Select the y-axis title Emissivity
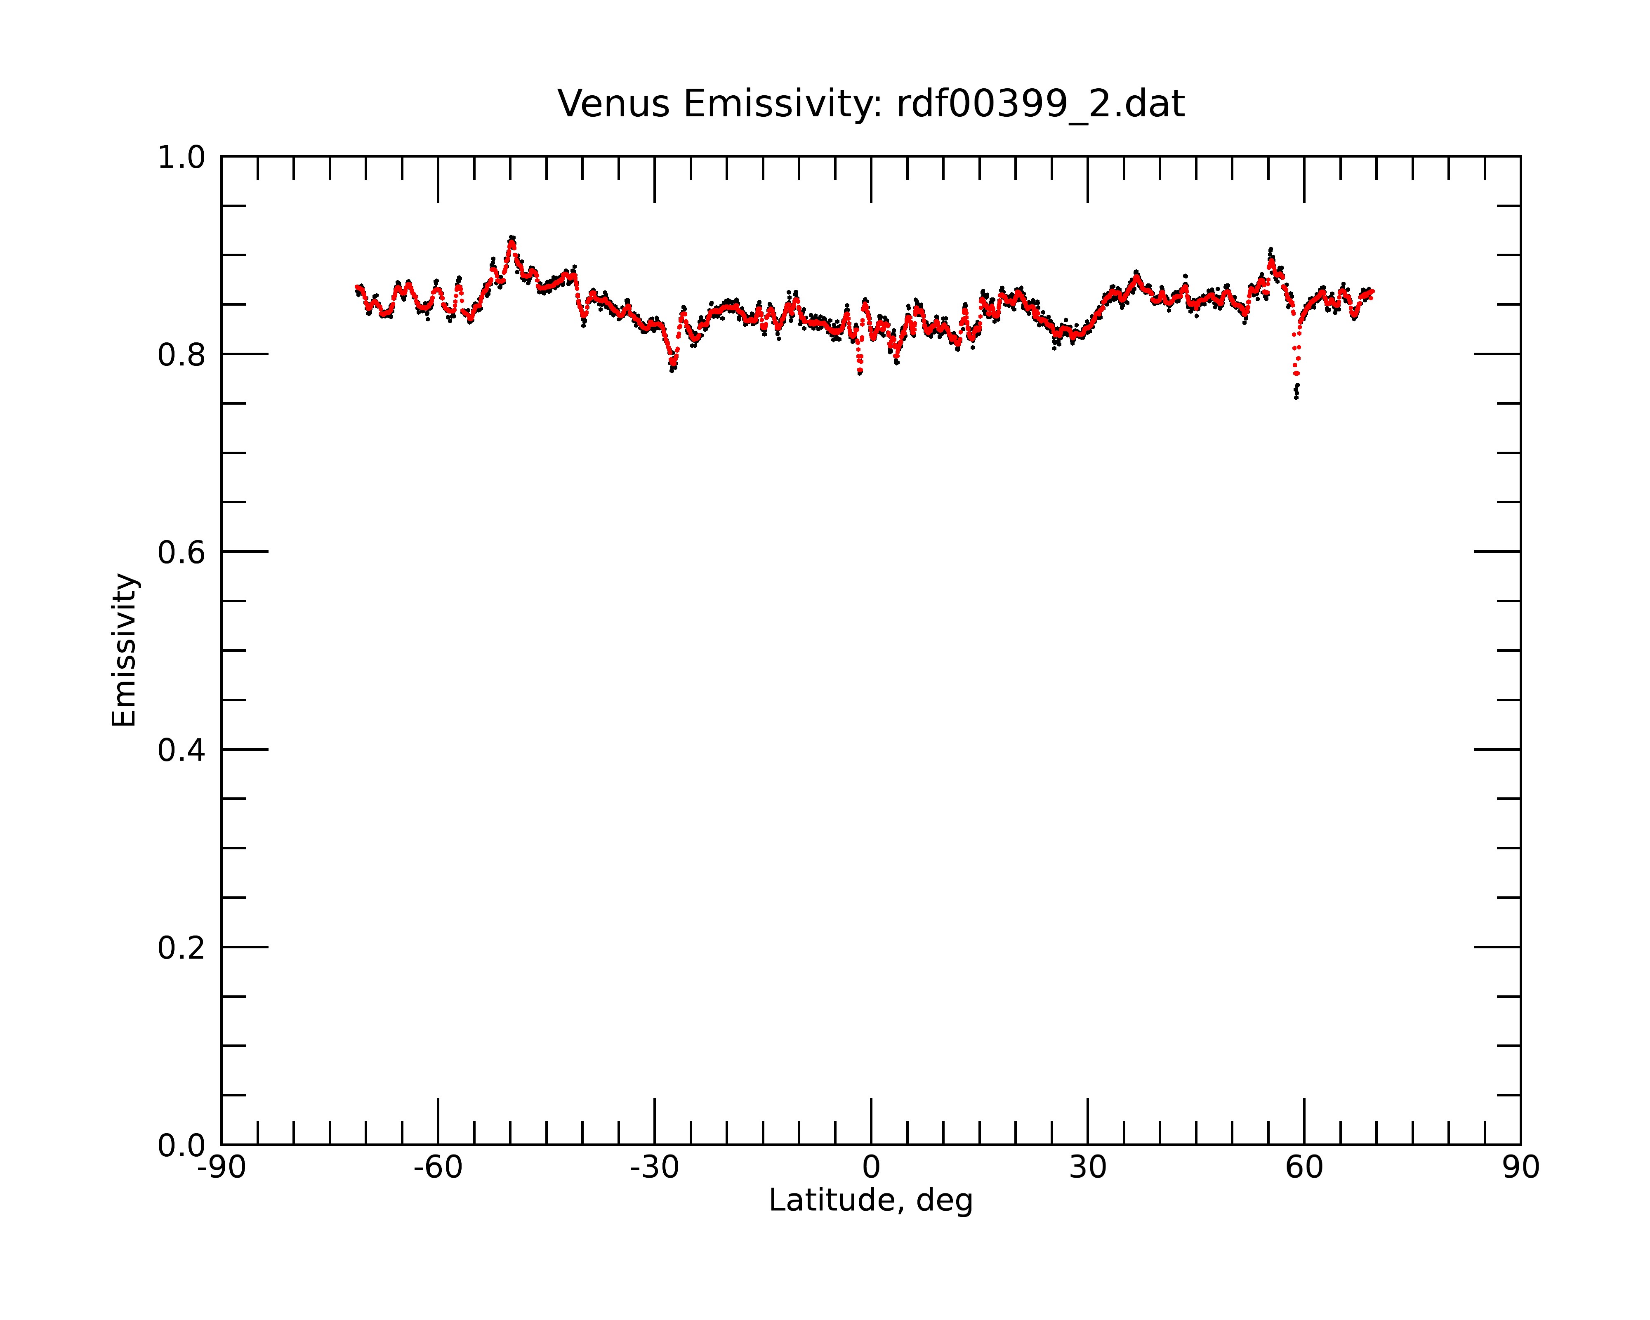124,650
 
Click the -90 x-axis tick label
221,1168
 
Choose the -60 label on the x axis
438,1168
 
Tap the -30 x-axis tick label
654,1168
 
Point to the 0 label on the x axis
871,1168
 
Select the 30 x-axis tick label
1087,1168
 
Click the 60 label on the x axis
1304,1168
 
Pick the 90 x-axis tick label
1520,1168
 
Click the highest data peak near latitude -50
511,238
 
